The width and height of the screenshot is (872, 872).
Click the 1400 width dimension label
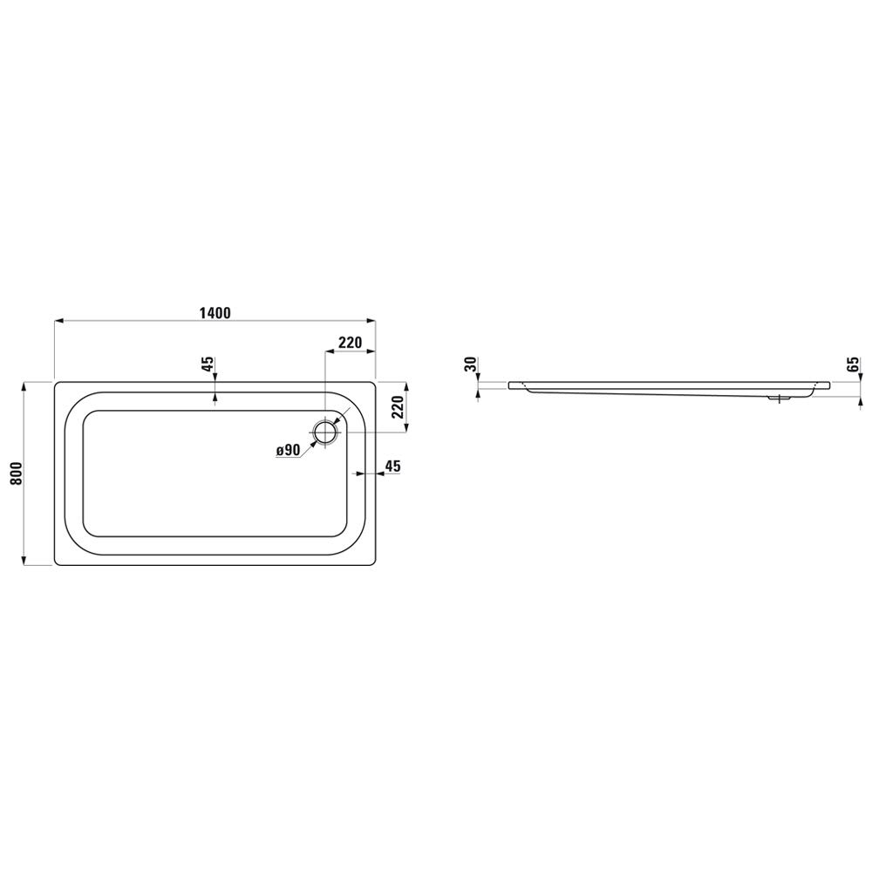pos(215,313)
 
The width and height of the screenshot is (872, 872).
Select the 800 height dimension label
pos(17,473)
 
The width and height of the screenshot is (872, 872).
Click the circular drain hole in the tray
pos(324,433)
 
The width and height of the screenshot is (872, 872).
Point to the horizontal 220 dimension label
pos(351,343)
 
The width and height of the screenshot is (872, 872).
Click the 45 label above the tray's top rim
pos(208,364)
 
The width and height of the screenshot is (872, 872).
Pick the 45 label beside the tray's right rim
pos(392,466)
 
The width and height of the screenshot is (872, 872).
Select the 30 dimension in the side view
pos(471,364)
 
